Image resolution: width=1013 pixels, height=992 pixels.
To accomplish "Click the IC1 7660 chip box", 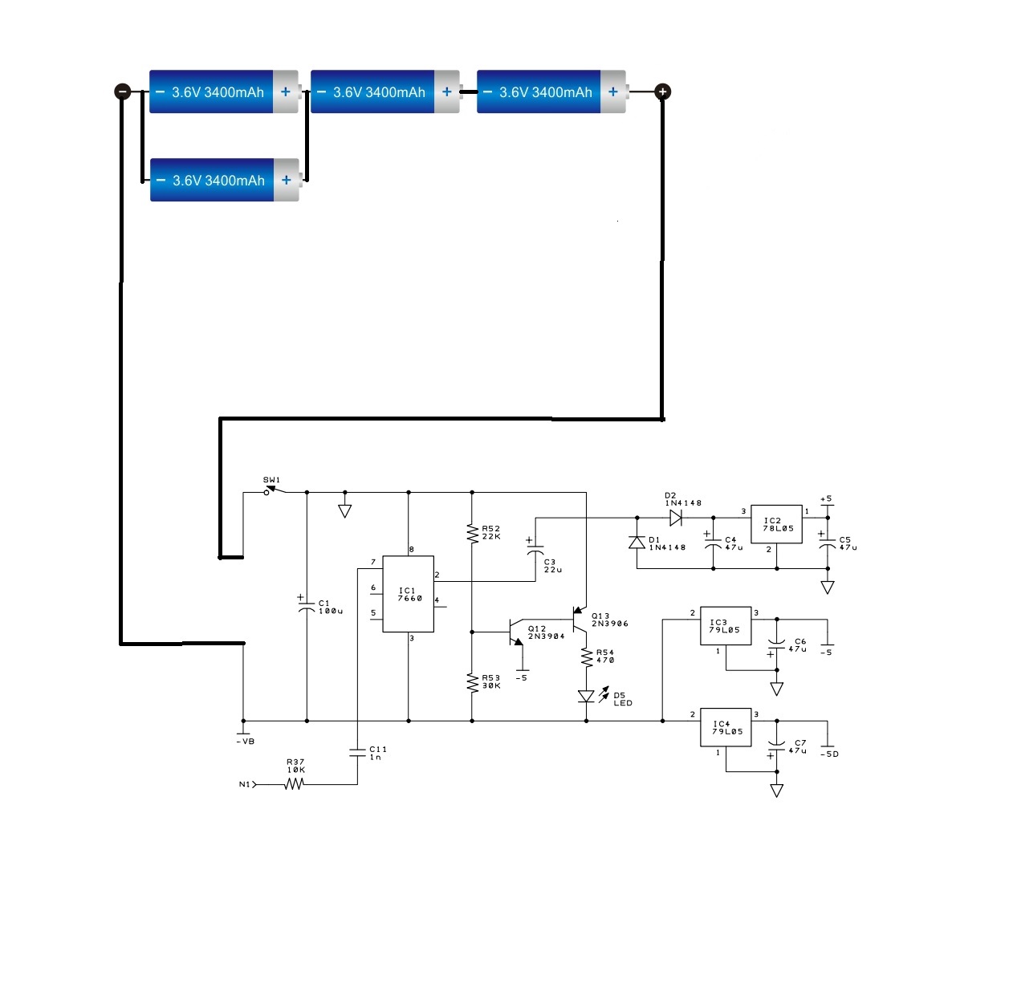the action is pos(408,594).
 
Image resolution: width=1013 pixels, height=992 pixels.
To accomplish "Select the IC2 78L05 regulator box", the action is pos(776,523).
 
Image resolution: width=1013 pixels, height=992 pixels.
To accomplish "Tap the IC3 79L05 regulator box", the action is pos(726,625).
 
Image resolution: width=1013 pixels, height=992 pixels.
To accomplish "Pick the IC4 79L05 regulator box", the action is pos(726,727).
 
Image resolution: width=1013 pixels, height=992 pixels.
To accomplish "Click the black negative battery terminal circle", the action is pos(123,91).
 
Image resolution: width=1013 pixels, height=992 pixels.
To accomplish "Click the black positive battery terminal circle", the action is pos(662,91).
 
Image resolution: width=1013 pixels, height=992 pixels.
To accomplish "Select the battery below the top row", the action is pos(225,180).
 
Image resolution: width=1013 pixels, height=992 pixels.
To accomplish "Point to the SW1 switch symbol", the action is pos(275,490).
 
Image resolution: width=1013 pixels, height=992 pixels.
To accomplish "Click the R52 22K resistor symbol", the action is pos(472,533).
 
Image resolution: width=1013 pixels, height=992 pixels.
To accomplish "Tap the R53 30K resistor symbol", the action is pos(472,682).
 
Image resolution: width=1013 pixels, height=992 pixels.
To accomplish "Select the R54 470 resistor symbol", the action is pos(586,657).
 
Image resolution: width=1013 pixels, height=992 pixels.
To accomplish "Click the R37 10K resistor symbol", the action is pos(294,784).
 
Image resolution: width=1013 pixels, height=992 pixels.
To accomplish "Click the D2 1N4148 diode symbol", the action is pos(676,518).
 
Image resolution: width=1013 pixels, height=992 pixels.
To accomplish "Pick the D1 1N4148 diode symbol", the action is pos(637,543).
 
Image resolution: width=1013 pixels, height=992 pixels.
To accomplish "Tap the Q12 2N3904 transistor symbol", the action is pos(515,632).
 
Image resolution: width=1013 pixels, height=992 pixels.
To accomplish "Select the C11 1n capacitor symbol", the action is pos(357,752).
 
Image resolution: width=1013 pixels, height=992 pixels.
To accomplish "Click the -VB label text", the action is pos(246,742).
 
